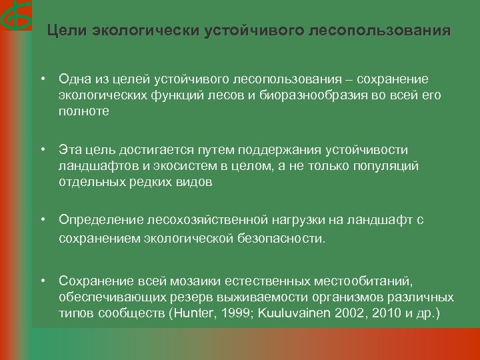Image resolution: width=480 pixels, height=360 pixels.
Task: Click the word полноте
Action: pos(83,111)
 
